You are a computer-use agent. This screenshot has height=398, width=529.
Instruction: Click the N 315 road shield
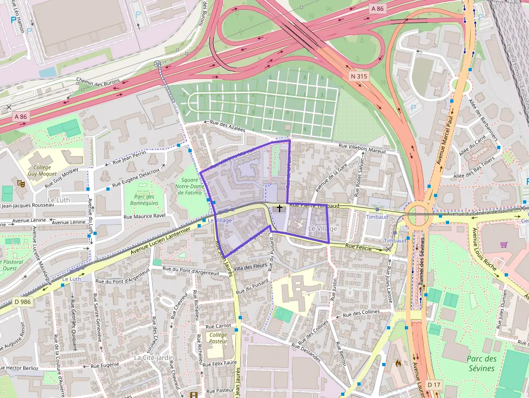[x=358, y=77]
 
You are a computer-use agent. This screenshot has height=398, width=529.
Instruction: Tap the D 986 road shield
[x=22, y=302]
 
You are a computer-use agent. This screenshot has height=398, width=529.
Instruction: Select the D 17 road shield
[x=433, y=384]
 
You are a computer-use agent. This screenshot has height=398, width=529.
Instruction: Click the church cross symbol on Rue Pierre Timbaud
[x=279, y=207]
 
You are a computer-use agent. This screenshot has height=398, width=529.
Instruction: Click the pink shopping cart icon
[x=504, y=245]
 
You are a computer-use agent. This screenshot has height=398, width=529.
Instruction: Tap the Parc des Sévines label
[x=481, y=363]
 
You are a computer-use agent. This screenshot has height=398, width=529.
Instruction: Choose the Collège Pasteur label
[x=219, y=338]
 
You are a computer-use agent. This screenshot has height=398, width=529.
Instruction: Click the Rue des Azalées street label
[x=227, y=126]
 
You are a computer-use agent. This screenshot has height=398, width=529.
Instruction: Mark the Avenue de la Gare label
[x=330, y=178]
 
